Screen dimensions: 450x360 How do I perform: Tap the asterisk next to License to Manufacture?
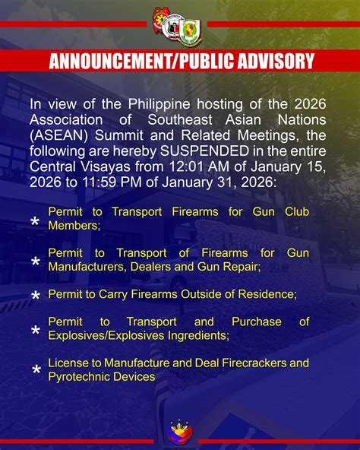(35, 371)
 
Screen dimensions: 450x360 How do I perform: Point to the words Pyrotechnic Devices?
(101, 376)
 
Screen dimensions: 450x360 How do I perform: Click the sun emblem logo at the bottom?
(180, 430)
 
